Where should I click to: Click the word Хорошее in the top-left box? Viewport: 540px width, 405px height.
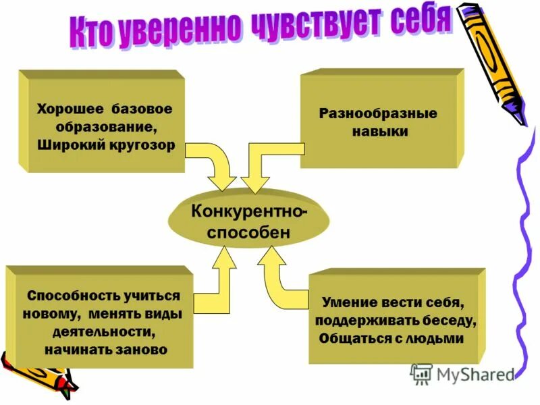(67, 109)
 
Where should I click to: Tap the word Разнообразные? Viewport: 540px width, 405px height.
(378, 113)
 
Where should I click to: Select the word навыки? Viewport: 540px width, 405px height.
(379, 132)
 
